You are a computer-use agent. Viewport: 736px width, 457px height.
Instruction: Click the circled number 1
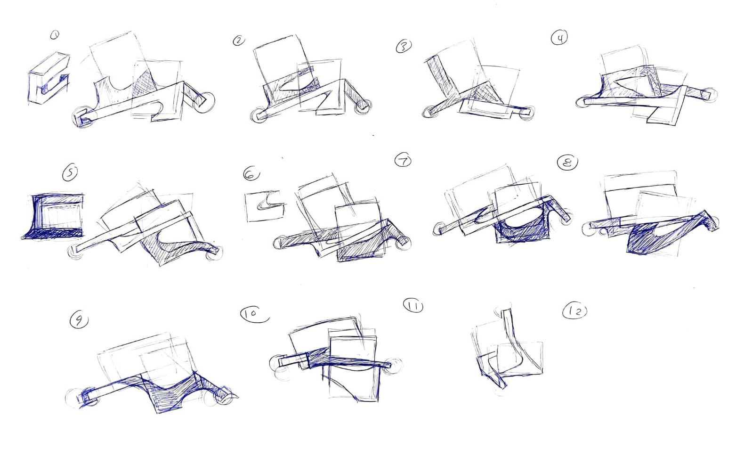coord(55,34)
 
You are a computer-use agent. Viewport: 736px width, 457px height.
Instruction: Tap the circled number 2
coord(239,41)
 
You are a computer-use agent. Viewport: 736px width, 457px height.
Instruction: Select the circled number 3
coord(404,46)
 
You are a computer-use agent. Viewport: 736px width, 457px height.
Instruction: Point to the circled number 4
coord(559,38)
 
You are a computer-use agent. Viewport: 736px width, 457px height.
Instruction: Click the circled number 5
coord(70,173)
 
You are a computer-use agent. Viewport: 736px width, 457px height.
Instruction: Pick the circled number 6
coord(251,174)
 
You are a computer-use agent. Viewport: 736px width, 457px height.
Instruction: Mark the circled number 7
coord(403,161)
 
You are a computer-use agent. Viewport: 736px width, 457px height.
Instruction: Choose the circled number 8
coord(567,163)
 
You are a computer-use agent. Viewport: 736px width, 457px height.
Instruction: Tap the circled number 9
coord(79,320)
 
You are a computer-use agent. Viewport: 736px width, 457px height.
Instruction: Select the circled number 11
coord(413,306)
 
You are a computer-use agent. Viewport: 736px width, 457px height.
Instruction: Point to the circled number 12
coord(574,311)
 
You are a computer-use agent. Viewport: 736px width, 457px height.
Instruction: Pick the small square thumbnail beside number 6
coord(265,206)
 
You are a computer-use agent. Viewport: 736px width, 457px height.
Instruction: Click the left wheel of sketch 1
coord(83,117)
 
